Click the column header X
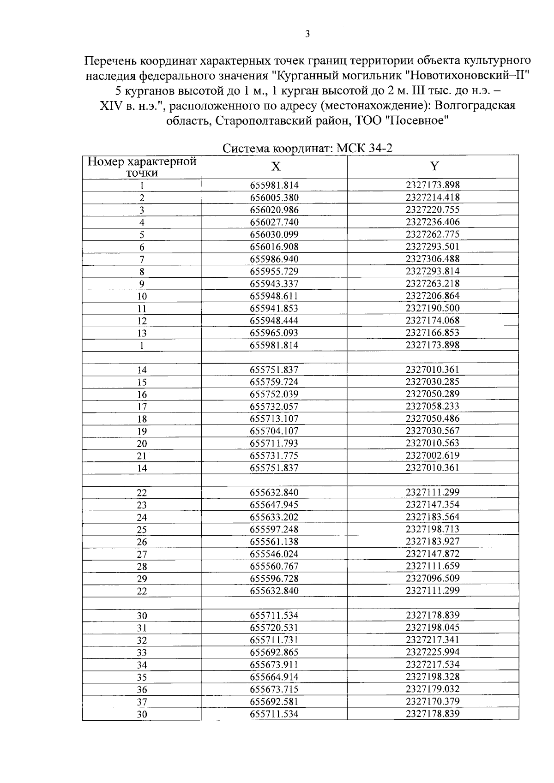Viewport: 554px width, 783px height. [x=275, y=167]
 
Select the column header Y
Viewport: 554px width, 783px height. [x=434, y=167]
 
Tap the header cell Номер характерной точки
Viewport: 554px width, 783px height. [x=142, y=167]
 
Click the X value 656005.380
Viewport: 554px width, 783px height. [x=274, y=197]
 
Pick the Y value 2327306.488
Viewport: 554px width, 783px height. [x=433, y=259]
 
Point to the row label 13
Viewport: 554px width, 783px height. [x=142, y=333]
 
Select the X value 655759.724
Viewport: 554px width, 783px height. [x=274, y=382]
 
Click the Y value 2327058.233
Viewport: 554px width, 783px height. [x=433, y=406]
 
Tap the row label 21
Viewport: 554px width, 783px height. [x=142, y=456]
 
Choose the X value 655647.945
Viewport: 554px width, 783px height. [x=274, y=505]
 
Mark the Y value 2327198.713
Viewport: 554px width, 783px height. [x=433, y=529]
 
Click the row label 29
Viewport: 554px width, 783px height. [x=142, y=579]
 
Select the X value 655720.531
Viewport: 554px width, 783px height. [x=274, y=628]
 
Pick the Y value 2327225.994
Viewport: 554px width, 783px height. [x=433, y=652]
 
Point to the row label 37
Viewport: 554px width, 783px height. [x=142, y=702]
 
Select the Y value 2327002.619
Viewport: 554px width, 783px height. [x=433, y=455]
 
